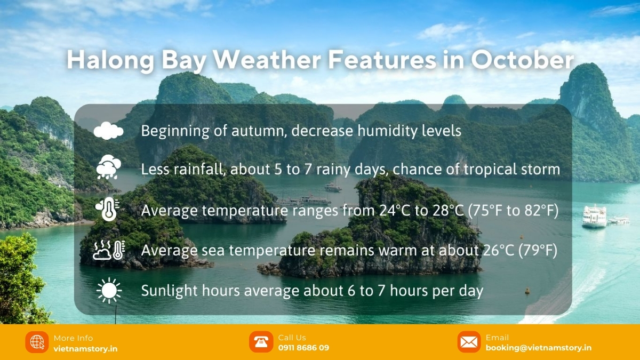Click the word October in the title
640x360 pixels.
[522, 60]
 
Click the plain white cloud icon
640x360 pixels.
[108, 131]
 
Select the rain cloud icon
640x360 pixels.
[108, 167]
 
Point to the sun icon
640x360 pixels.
[109, 290]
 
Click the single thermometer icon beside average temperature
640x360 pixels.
[108, 209]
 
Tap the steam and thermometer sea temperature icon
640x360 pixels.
[109, 250]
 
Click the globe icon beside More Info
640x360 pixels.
[37, 342]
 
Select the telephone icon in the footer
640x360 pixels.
[261, 342]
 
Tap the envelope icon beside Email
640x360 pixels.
[469, 342]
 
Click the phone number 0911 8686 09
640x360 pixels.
[303, 348]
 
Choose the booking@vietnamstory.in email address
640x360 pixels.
[539, 348]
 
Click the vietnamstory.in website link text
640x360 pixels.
[85, 349]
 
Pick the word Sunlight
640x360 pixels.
[169, 291]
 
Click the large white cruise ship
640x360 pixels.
[594, 217]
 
